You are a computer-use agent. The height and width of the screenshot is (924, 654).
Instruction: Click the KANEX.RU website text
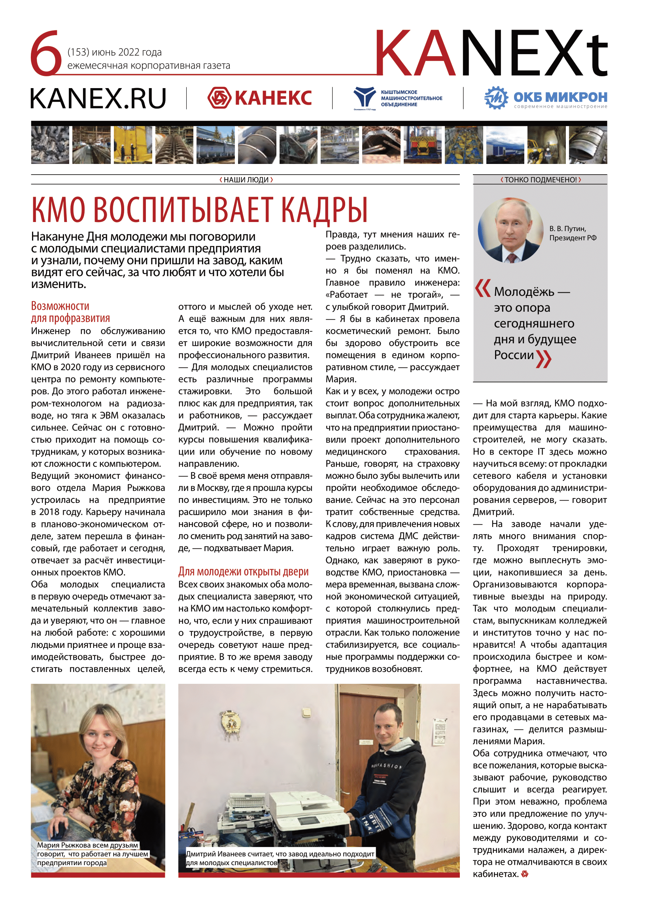coord(98,99)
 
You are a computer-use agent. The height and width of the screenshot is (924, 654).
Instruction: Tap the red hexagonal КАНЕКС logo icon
coord(219,98)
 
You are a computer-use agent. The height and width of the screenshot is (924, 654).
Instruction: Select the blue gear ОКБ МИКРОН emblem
coord(496,98)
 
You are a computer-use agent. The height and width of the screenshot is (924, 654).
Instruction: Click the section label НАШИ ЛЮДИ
coord(246,180)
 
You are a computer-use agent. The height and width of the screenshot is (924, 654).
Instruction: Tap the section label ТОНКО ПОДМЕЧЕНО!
coord(540,180)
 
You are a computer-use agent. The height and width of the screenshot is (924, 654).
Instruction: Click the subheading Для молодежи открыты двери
coord(243,572)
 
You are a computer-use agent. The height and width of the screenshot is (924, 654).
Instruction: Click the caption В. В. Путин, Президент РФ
coord(572,233)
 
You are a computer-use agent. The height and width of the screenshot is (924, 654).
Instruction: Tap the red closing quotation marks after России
coord(544,359)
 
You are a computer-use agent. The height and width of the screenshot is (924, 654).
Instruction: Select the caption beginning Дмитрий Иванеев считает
coord(280,858)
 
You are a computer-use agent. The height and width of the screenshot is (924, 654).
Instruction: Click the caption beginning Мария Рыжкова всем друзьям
coord(93,854)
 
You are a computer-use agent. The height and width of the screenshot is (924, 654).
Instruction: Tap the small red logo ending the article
coord(524,874)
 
